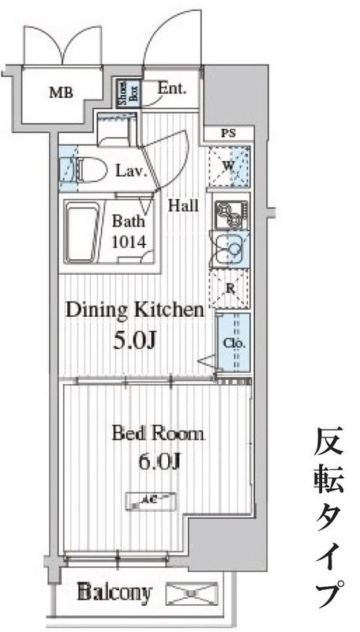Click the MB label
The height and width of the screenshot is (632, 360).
click(x=61, y=93)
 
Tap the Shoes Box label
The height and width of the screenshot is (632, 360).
click(x=126, y=92)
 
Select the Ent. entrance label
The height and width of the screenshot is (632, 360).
click(x=171, y=88)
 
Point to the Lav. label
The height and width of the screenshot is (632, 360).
click(x=132, y=171)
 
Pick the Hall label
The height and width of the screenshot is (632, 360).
click(x=183, y=206)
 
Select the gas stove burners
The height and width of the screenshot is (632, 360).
click(x=230, y=212)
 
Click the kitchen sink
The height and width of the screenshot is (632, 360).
click(x=231, y=251)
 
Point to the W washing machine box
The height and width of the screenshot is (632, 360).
click(x=229, y=166)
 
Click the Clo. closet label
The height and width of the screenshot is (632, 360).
click(x=234, y=344)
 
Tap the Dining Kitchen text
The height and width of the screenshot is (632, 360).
click(x=134, y=310)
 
